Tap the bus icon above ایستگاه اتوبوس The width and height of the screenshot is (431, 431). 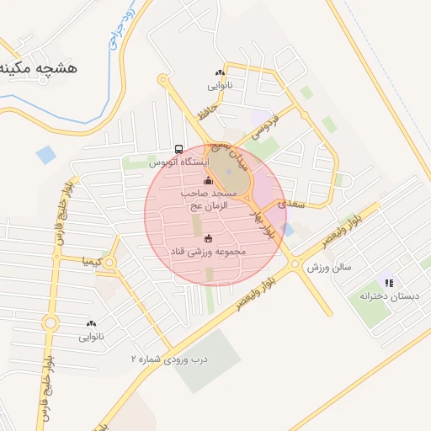(178, 149)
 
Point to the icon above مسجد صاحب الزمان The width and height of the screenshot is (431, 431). (209, 181)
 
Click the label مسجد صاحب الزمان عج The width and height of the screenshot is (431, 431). (209, 199)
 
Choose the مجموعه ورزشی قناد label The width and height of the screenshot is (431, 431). (208, 251)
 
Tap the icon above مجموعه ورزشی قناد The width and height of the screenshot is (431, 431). (208, 238)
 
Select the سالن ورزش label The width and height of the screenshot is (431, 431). (328, 267)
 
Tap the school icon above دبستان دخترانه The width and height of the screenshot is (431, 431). (388, 283)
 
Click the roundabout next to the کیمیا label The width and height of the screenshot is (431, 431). (109, 263)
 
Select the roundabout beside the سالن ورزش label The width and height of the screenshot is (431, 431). (295, 264)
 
